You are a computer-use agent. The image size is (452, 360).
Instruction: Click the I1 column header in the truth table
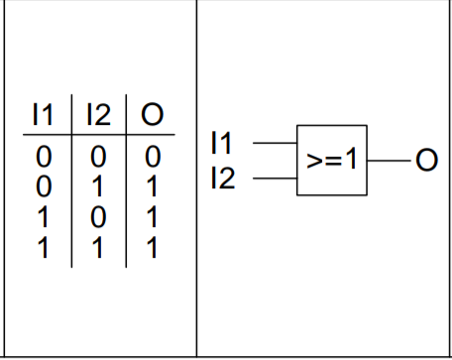[43, 114]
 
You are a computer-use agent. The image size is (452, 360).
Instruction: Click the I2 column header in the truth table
[98, 114]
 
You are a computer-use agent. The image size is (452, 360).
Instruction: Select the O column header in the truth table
[152, 114]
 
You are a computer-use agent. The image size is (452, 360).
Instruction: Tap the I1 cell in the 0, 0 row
[44, 157]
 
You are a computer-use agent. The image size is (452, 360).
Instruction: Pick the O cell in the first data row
[153, 157]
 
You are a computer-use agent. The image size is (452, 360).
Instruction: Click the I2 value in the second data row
[97, 186]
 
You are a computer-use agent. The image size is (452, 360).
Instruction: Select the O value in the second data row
[152, 186]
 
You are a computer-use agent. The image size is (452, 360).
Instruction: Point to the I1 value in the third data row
[43, 217]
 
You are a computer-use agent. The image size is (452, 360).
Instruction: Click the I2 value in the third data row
[98, 217]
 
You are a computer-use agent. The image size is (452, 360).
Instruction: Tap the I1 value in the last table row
[43, 247]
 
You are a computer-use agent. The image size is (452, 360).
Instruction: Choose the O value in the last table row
[152, 247]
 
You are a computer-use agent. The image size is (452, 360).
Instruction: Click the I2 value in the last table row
[97, 247]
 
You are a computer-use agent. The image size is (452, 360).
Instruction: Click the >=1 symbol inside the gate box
[332, 160]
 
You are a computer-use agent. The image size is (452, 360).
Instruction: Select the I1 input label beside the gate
[221, 143]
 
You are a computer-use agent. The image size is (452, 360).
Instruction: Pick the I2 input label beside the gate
[223, 178]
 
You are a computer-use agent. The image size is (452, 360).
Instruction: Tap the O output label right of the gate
[427, 160]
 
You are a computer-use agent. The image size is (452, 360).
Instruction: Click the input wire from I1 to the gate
[275, 143]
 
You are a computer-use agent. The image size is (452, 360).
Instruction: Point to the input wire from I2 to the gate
[275, 179]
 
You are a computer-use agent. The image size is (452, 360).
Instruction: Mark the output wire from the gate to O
[389, 161]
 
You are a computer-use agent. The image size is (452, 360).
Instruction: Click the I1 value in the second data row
[44, 186]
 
